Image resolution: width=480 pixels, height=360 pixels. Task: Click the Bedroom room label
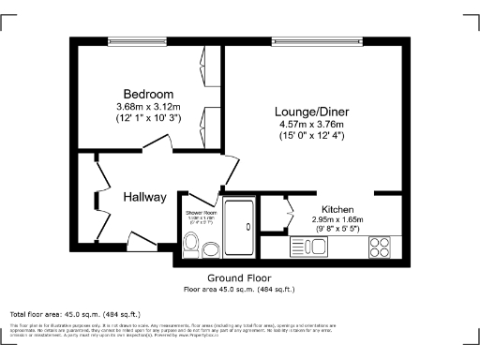click(148, 95)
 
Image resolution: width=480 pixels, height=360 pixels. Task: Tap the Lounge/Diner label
click(311, 110)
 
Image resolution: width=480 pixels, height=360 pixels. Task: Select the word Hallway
click(144, 197)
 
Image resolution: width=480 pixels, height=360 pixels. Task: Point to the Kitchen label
click(337, 209)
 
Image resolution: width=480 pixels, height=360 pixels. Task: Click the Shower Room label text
click(201, 213)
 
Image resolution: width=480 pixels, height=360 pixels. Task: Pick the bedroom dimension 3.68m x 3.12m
click(148, 107)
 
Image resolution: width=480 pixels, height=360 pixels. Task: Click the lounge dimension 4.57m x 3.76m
click(311, 124)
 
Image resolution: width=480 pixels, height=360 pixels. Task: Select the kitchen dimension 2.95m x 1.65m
click(337, 220)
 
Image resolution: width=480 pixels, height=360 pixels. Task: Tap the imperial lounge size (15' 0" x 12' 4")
click(311, 136)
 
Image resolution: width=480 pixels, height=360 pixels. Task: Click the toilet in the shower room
click(191, 246)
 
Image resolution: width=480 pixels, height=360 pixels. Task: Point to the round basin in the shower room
click(212, 249)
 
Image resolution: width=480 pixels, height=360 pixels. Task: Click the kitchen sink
click(308, 247)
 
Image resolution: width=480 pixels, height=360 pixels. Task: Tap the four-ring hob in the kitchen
click(381, 247)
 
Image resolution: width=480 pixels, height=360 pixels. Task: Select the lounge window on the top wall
click(316, 40)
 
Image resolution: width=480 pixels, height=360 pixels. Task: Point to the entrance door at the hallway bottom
click(142, 244)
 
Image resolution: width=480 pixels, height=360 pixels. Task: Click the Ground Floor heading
click(240, 278)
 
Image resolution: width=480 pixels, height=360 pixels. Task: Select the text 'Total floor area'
click(37, 314)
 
